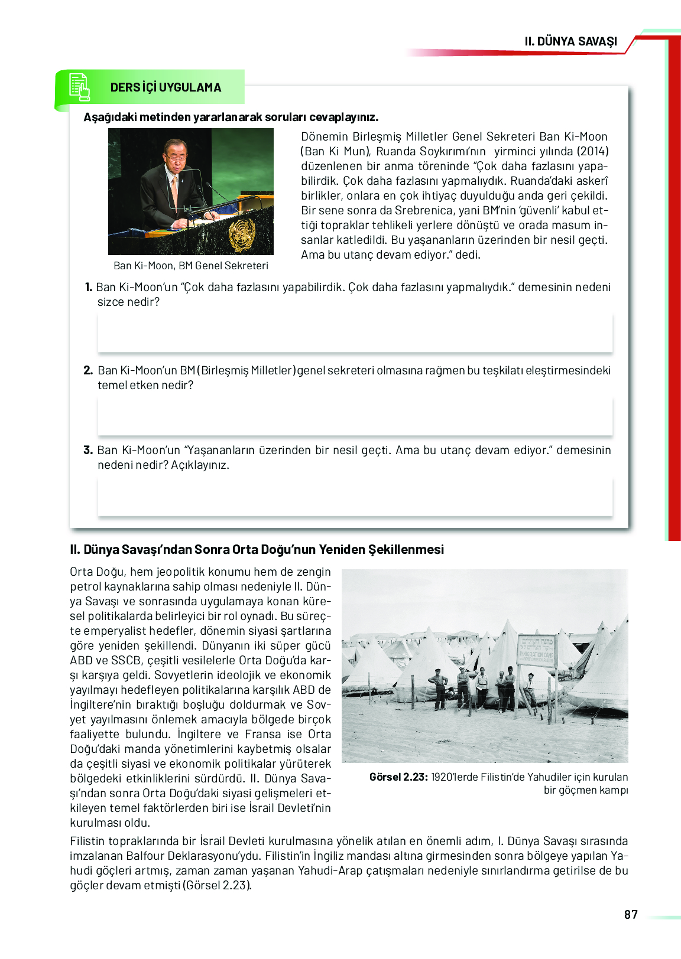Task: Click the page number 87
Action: pyautogui.click(x=631, y=915)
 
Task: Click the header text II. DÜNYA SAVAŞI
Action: pyautogui.click(x=570, y=41)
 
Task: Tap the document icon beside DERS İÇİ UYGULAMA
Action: pyautogui.click(x=79, y=87)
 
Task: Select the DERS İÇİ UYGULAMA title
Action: pyautogui.click(x=166, y=87)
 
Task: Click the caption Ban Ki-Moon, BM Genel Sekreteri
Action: pyautogui.click(x=190, y=266)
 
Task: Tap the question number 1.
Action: pyautogui.click(x=89, y=288)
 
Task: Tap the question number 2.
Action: pyautogui.click(x=88, y=371)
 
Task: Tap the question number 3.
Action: pyautogui.click(x=88, y=451)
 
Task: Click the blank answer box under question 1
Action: pyautogui.click(x=355, y=333)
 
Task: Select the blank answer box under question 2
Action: pyautogui.click(x=355, y=416)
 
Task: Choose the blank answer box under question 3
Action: pyautogui.click(x=355, y=497)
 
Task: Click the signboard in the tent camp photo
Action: pyautogui.click(x=537, y=651)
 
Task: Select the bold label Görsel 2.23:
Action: pyautogui.click(x=398, y=777)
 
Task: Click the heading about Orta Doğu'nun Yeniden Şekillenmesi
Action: pyautogui.click(x=257, y=550)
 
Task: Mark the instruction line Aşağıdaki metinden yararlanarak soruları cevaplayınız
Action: pyautogui.click(x=231, y=117)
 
